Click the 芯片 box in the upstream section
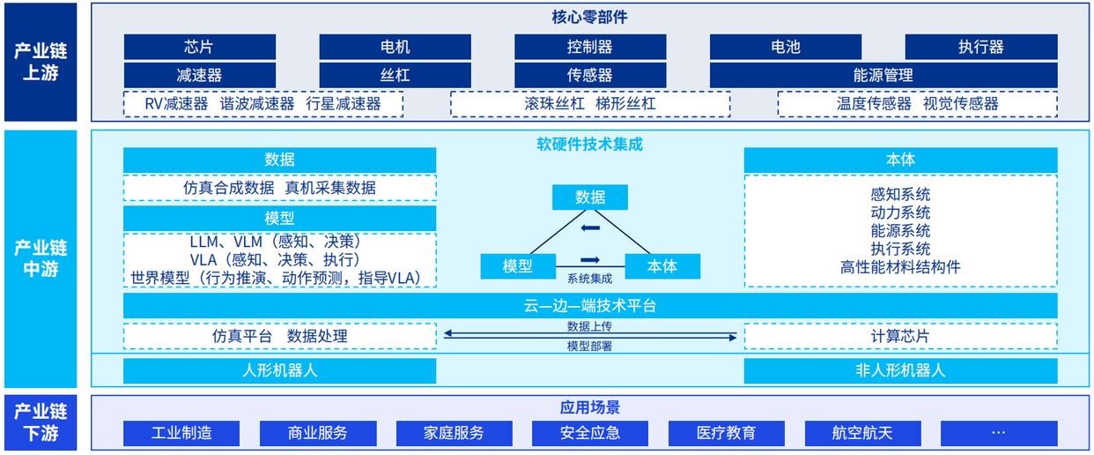200,47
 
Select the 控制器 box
590,47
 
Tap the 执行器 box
981,47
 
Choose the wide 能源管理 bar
883,75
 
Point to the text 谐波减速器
257,104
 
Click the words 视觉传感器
961,104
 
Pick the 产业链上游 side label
41,62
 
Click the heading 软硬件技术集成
589,145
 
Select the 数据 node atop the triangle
590,197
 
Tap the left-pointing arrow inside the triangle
590,227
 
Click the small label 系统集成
589,279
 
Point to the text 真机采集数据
330,188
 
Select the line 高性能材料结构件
900,267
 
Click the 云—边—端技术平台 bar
590,306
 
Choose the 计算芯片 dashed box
900,336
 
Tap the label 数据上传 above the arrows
589,326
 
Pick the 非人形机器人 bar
900,371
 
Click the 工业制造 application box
181,434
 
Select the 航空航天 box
862,434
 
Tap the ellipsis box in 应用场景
999,434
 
